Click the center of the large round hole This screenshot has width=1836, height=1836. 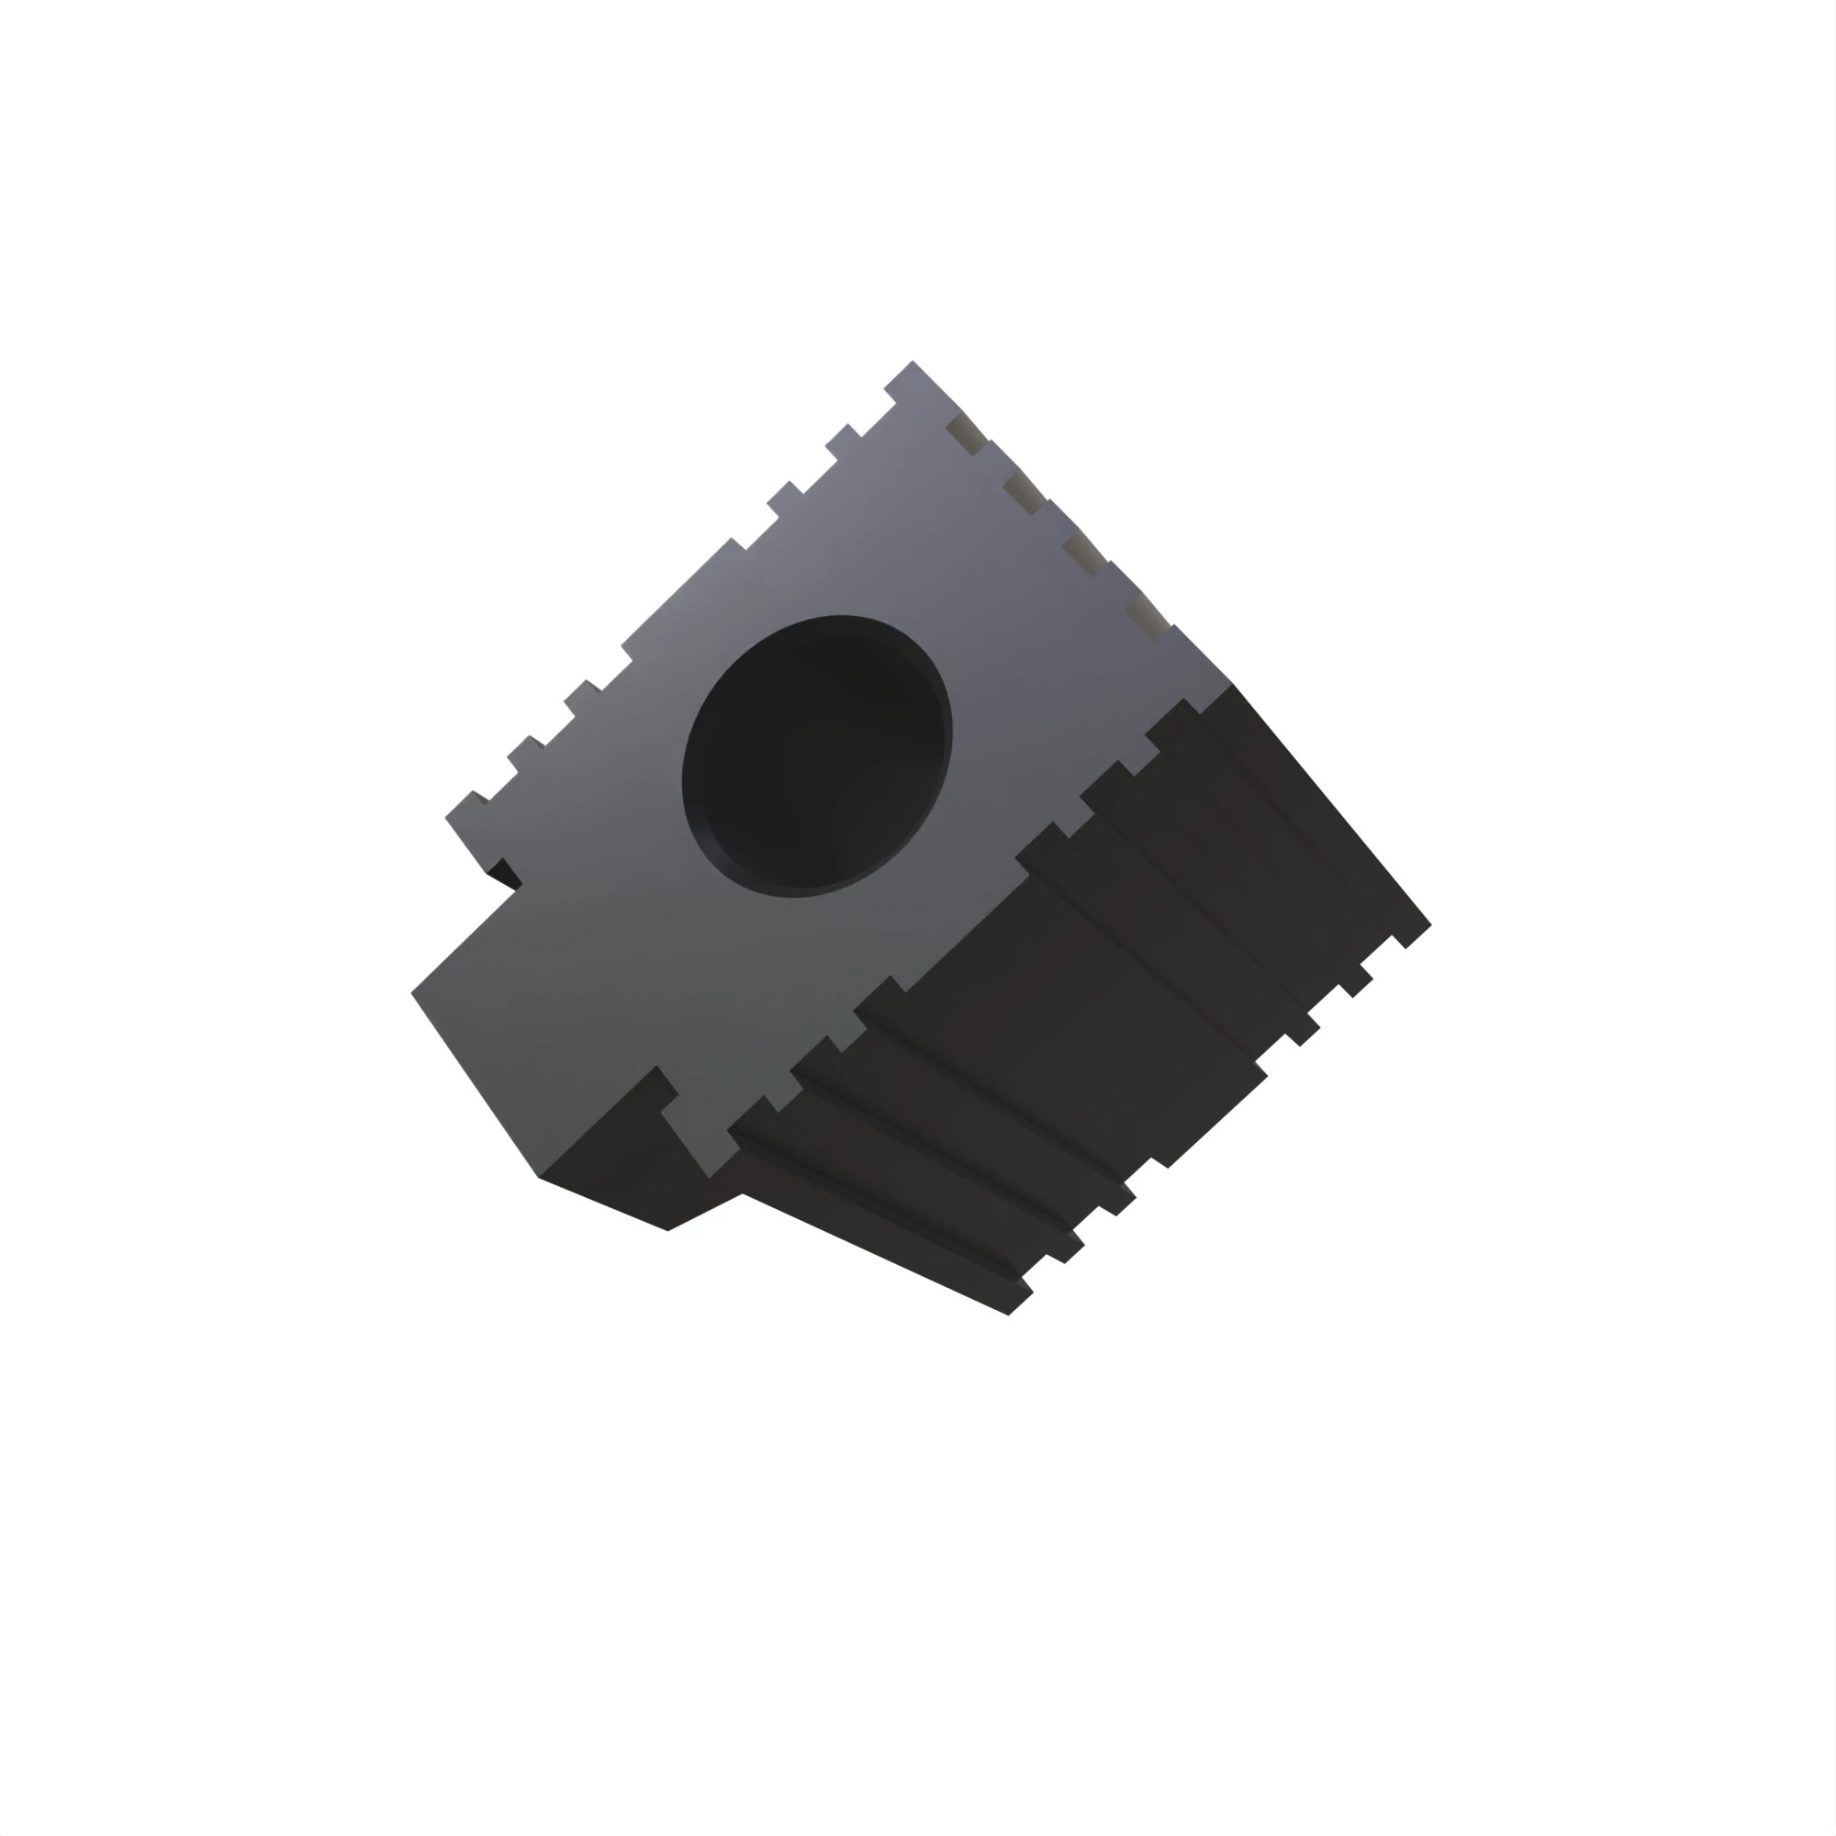817,756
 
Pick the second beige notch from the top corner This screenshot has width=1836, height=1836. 1023,491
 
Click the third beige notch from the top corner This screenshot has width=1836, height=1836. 1082,552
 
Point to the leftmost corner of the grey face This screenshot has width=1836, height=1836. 411,993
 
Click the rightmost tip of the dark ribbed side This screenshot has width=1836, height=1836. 1430,923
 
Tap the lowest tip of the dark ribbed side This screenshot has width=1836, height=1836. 1008,1315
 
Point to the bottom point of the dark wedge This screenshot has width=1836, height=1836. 668,1231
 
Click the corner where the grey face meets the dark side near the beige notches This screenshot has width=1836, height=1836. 1233,684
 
